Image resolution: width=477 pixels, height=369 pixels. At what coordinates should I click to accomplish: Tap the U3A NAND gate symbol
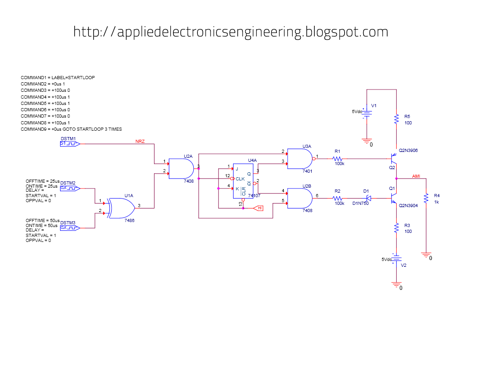click(x=299, y=158)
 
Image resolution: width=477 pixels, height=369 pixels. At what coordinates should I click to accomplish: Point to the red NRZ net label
click(x=140, y=142)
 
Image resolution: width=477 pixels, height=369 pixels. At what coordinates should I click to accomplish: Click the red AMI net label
click(x=417, y=175)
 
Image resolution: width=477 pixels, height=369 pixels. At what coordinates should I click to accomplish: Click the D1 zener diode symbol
click(x=368, y=198)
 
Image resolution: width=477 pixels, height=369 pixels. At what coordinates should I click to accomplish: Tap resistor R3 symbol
click(x=396, y=228)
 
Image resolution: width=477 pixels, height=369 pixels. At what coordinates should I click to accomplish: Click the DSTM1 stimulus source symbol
click(x=70, y=144)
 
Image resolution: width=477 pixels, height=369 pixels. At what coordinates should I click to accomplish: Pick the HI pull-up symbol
click(x=259, y=208)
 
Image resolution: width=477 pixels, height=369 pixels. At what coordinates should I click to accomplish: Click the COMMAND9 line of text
click(x=71, y=129)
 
